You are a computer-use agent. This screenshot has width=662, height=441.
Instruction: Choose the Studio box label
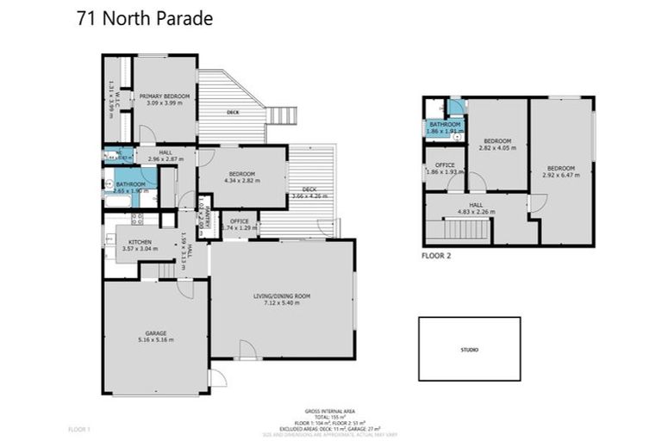pyautogui.click(x=469, y=350)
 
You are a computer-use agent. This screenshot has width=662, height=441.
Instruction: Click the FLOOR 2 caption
pyautogui.click(x=436, y=256)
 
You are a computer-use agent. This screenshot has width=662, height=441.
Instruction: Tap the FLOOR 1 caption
pyautogui.click(x=78, y=428)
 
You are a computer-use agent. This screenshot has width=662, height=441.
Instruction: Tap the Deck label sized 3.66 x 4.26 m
pyautogui.click(x=308, y=192)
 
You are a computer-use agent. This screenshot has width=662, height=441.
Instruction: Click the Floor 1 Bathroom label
pyautogui.click(x=130, y=186)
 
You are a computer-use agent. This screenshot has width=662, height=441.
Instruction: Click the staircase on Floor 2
pyautogui.click(x=465, y=230)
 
